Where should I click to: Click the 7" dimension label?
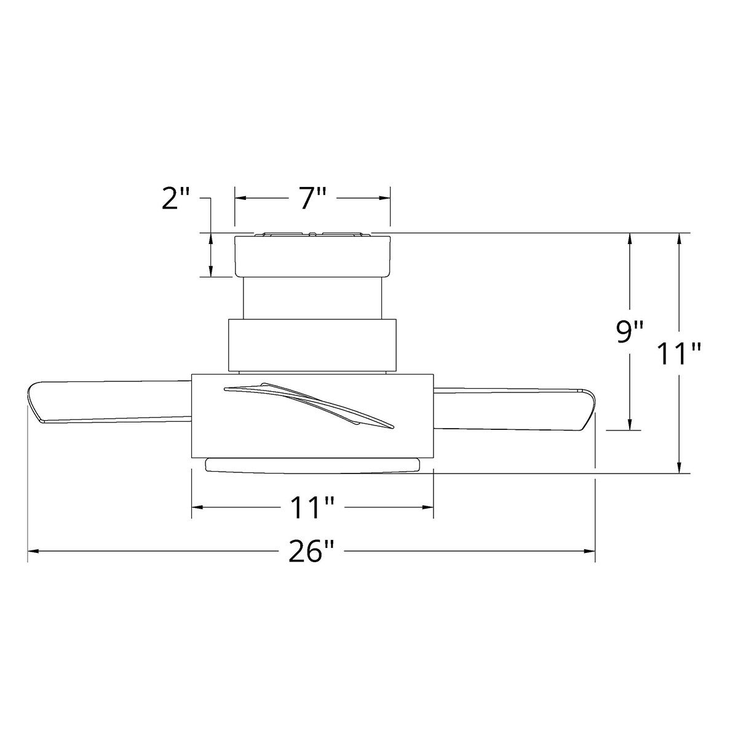tap(312, 199)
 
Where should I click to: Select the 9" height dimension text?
tap(629, 332)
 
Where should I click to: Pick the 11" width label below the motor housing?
tap(312, 507)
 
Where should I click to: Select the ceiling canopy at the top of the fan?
tap(312, 256)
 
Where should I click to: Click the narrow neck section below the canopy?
tap(312, 298)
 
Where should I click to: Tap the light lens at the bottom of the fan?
tap(312, 465)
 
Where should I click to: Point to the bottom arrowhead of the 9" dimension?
tap(629, 424)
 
